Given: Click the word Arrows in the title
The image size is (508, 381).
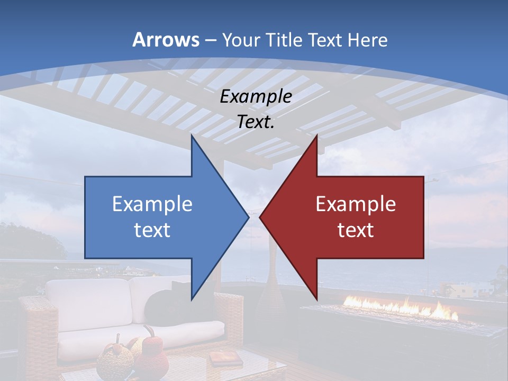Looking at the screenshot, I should pos(166,39).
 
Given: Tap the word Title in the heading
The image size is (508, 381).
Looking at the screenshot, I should pos(287,40).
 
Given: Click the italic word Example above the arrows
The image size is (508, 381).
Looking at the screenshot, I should pos(256,97).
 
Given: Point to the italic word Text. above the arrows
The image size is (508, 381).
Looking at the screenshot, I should pos(256,122).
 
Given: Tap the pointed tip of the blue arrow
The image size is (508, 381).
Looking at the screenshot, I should pos(247,217).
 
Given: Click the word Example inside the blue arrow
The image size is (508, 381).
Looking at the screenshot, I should pos(152,204).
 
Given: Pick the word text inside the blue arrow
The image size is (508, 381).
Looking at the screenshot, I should pos(152,230).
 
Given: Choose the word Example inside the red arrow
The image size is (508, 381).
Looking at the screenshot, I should pos(356,204).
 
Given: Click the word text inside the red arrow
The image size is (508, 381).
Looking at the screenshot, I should pos(356,230).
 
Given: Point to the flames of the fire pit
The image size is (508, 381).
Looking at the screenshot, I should pos(402,306).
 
